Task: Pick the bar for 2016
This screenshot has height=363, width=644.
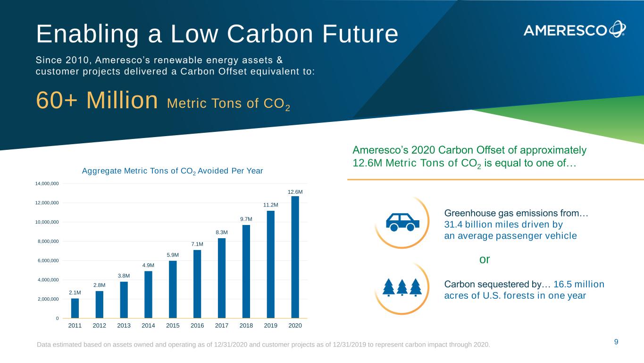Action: click(197, 284)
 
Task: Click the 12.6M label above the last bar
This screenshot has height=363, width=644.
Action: click(295, 191)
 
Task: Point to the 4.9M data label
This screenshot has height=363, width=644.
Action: click(148, 266)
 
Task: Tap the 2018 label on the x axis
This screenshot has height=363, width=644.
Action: click(246, 326)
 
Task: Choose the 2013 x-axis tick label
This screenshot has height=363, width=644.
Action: click(124, 326)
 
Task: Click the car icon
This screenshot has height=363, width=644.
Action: click(402, 221)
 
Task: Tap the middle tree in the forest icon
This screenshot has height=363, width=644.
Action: click(402, 286)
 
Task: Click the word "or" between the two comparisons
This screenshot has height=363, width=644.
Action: click(485, 259)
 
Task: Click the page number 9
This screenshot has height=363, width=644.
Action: click(616, 342)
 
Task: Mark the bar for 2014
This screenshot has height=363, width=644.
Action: click(148, 294)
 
